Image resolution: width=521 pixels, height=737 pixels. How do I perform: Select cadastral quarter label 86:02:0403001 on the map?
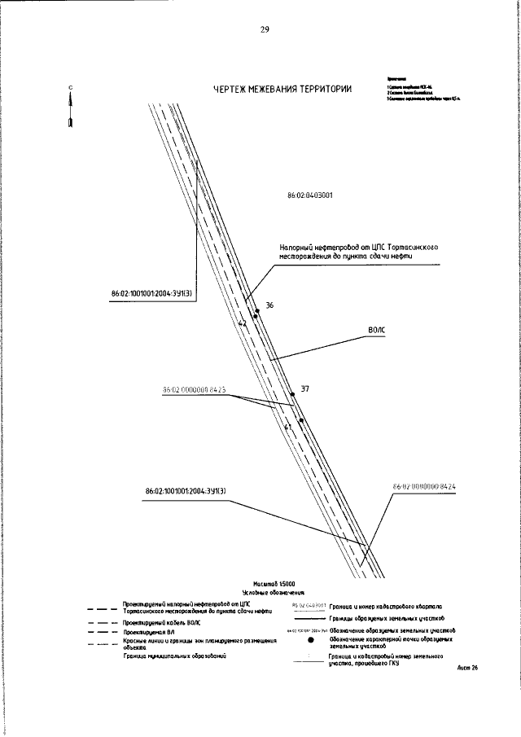[310, 196]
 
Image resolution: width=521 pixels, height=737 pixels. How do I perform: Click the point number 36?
[269, 305]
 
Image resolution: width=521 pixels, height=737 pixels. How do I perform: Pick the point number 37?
[304, 389]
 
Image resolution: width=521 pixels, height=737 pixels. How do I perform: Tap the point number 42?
[242, 323]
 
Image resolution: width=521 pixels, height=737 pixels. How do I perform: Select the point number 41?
[287, 426]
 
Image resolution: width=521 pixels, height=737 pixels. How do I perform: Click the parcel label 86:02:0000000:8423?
[194, 390]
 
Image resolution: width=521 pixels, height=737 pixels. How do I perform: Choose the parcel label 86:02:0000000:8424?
[423, 487]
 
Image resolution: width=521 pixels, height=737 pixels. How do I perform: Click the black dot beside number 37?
[301, 420]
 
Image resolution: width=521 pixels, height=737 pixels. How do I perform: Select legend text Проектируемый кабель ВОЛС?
[161, 622]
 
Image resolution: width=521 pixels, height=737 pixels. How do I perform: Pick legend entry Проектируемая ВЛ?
[146, 631]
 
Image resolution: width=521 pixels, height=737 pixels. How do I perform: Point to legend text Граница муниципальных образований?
[174, 655]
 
